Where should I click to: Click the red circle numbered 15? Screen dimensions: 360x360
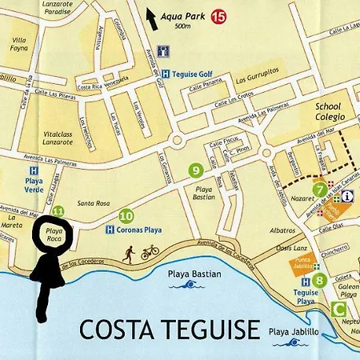tap(218, 15)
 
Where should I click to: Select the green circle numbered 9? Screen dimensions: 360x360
tap(195, 170)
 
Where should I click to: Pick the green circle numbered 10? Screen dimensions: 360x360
tap(126, 215)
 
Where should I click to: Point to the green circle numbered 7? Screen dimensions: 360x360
tap(320, 190)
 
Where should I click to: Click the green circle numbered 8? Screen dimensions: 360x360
tap(318, 280)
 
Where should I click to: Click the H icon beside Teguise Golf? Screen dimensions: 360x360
tap(166, 73)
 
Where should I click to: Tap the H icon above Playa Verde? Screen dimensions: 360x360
tap(33, 170)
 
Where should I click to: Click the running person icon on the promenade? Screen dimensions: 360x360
tap(129, 254)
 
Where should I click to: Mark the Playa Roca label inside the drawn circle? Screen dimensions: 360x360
tap(54, 234)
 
